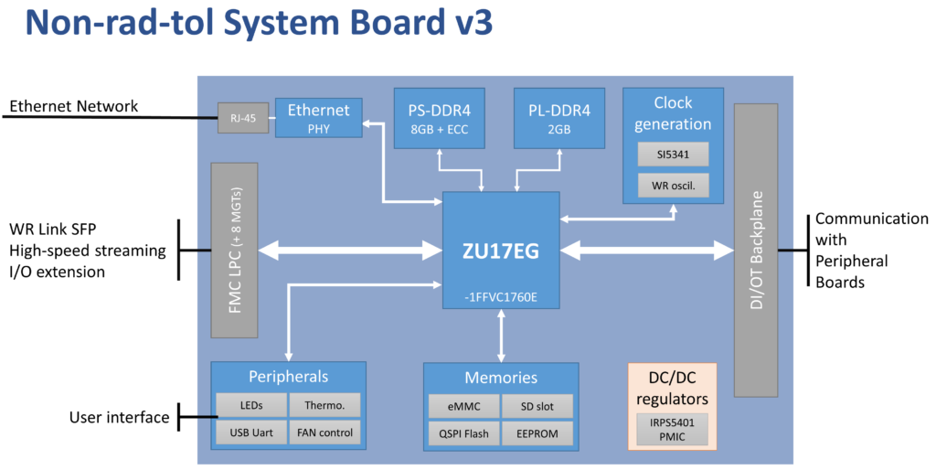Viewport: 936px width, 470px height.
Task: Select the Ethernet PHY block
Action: (x=318, y=118)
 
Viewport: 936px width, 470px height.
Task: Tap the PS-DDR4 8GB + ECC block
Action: (x=439, y=119)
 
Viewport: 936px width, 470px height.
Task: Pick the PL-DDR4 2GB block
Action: (x=558, y=119)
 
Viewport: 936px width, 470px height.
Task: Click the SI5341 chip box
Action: (x=673, y=154)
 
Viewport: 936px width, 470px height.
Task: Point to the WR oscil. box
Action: (x=673, y=187)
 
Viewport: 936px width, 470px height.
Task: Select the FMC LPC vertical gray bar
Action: (x=235, y=250)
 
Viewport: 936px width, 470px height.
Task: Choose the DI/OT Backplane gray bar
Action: (x=755, y=250)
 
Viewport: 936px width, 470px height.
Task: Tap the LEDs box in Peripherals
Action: (x=251, y=405)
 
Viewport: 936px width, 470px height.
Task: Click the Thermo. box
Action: (x=324, y=405)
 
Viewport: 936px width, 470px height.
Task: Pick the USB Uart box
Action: (x=251, y=431)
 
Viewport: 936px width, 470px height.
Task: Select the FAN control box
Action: (x=324, y=431)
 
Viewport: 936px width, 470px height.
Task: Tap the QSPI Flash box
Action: (x=463, y=432)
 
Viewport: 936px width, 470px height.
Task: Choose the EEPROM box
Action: (x=537, y=432)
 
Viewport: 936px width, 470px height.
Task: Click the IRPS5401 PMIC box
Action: (x=672, y=429)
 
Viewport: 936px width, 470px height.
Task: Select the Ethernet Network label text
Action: (x=73, y=107)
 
